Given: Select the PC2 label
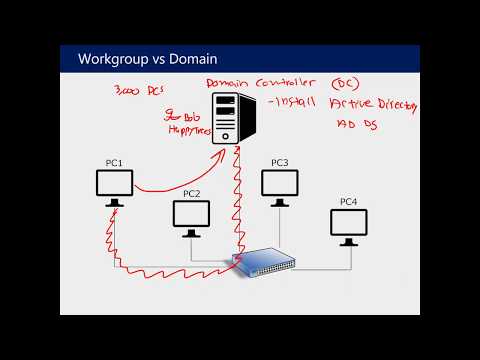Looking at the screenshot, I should [x=192, y=193].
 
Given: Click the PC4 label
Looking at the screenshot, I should [x=348, y=202].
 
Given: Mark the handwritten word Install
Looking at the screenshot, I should [x=294, y=105].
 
